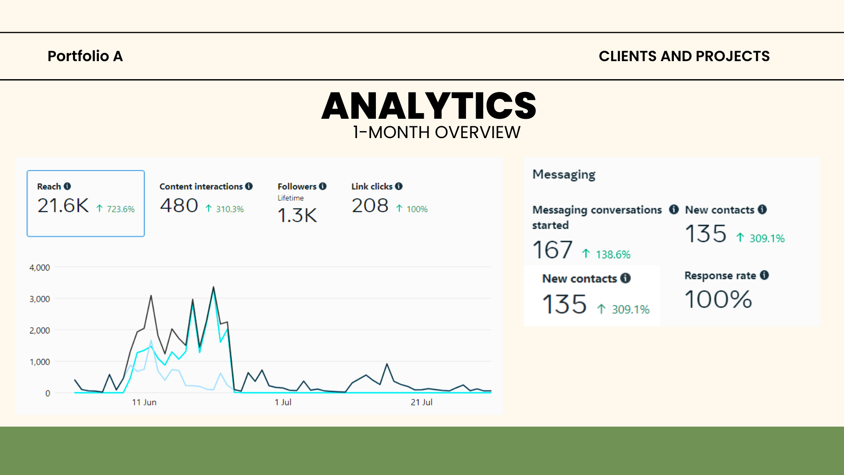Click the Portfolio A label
(x=85, y=56)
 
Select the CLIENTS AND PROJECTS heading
(x=684, y=56)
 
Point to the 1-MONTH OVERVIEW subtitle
(x=437, y=132)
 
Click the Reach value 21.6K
(x=63, y=206)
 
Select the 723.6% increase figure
(x=120, y=209)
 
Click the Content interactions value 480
(x=179, y=206)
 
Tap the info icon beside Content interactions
(x=249, y=186)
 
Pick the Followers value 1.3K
(x=297, y=216)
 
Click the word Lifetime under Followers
(x=291, y=198)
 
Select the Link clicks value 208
(x=370, y=206)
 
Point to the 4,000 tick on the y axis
(x=40, y=267)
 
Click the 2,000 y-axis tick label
(x=40, y=330)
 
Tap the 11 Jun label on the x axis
(x=144, y=402)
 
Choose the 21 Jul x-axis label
(x=422, y=402)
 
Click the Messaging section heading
(x=564, y=175)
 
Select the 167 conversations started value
(x=552, y=250)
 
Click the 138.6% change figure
(x=613, y=255)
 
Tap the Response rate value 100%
(x=718, y=300)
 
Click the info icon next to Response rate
(x=764, y=275)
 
